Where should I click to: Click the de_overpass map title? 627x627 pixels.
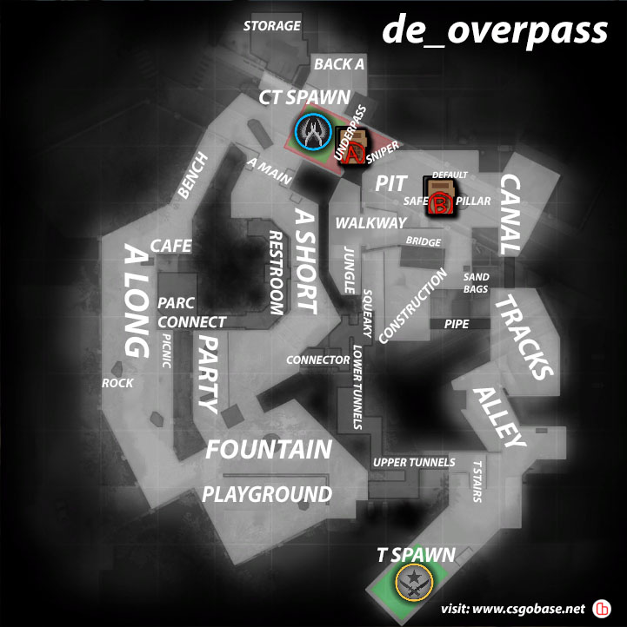click(495, 30)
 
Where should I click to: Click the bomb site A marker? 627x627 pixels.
click(350, 148)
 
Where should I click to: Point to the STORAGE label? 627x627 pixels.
click(271, 26)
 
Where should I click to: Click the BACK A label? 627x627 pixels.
click(339, 64)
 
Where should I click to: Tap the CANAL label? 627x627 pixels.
click(510, 214)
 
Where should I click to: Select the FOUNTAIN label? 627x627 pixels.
click(268, 450)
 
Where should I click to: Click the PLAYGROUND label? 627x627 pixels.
click(267, 495)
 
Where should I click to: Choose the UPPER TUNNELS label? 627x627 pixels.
click(413, 463)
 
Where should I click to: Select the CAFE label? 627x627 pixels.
click(170, 247)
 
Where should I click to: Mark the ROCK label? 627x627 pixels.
click(118, 383)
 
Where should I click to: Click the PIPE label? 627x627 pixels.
click(456, 324)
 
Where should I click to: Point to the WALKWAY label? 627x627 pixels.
click(371, 223)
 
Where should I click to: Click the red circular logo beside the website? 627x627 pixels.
click(601, 608)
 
